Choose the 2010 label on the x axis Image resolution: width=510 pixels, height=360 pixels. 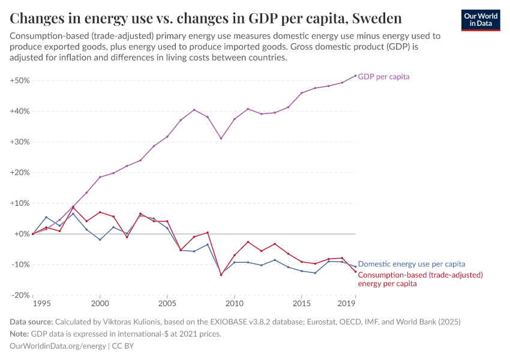tap(234, 304)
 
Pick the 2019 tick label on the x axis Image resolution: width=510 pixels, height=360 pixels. tap(347, 304)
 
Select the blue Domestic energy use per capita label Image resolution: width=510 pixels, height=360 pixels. tap(411, 264)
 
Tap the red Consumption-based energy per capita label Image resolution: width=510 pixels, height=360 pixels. tap(420, 279)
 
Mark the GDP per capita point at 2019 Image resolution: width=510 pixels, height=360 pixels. tap(355, 76)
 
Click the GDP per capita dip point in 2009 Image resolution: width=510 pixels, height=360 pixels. tap(221, 139)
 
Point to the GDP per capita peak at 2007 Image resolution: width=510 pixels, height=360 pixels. tap(194, 110)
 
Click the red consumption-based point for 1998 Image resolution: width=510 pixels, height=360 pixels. tap(73, 208)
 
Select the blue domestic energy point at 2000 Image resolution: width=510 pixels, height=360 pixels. tap(100, 239)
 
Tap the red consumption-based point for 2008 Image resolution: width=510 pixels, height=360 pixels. tap(208, 232)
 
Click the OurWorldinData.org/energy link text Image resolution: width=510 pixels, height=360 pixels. tap(58, 346)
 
